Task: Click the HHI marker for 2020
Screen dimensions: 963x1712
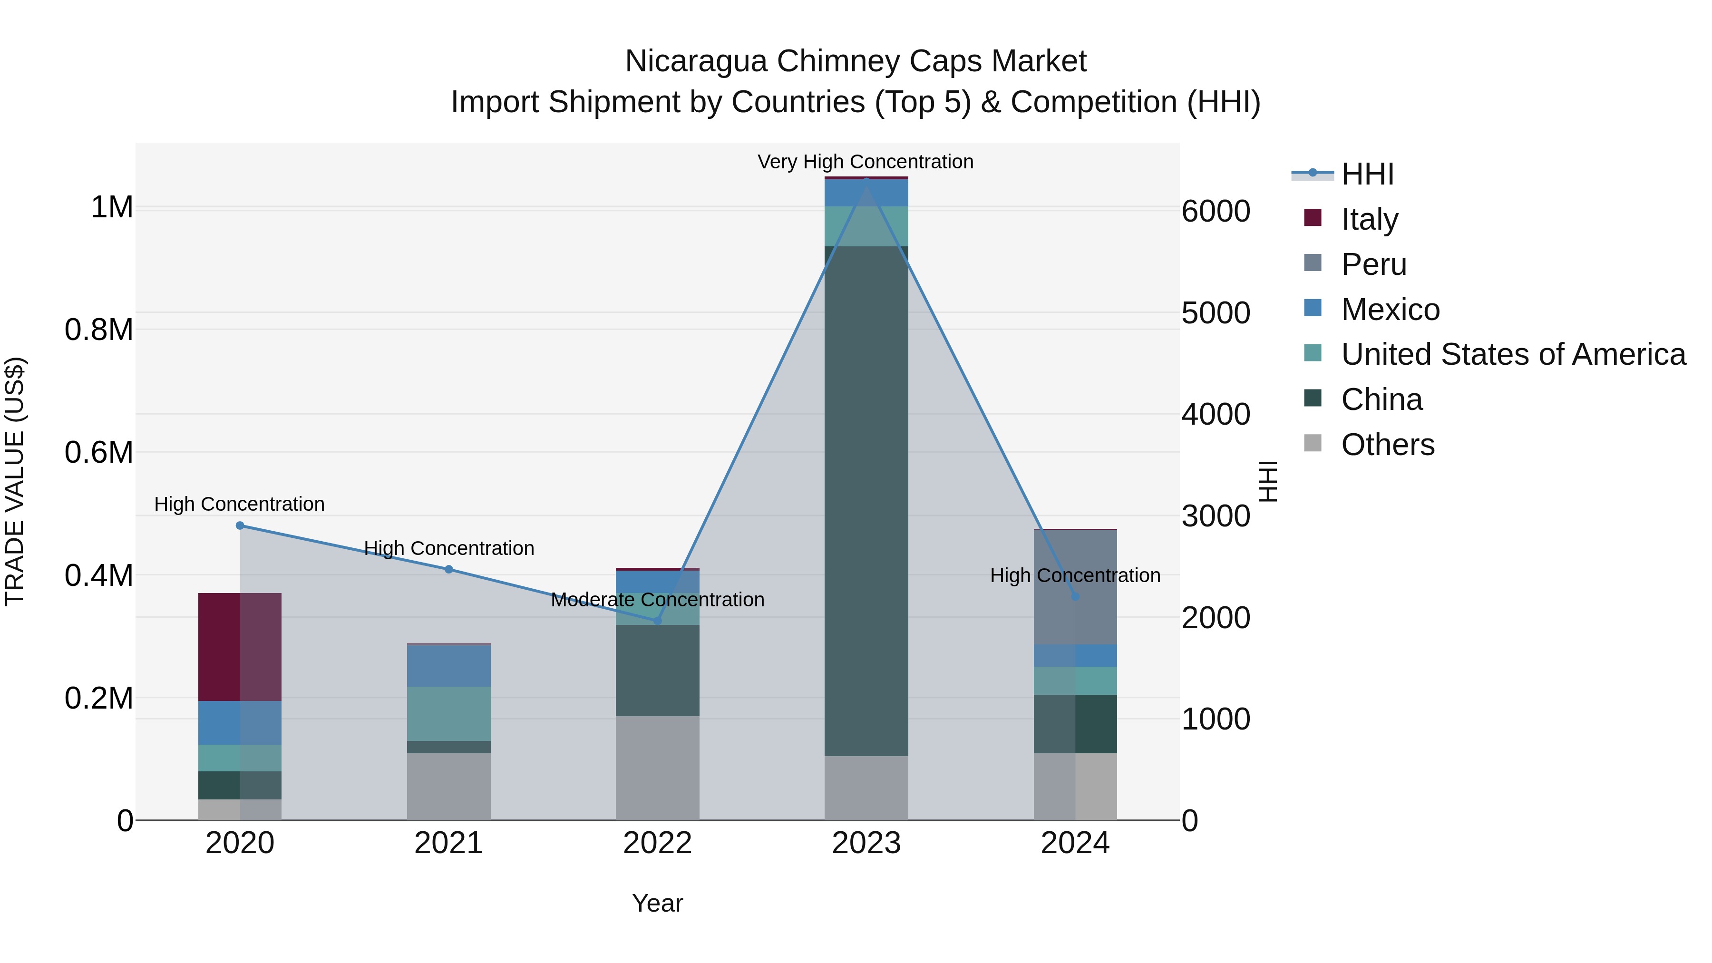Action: pos(240,525)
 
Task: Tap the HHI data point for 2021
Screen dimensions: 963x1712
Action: pos(448,570)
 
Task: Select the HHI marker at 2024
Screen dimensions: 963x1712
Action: pos(1075,597)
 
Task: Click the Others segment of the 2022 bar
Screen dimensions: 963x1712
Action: pos(657,768)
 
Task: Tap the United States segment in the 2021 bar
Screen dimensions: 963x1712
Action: pos(448,714)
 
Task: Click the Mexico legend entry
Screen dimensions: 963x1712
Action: pos(1391,310)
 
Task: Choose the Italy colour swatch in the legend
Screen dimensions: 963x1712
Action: pos(1313,218)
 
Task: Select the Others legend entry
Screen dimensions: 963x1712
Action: pos(1388,445)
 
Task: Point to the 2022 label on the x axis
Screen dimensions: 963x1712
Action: pos(657,843)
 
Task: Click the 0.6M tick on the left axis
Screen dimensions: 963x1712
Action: pos(99,453)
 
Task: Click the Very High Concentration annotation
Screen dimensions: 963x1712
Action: pos(866,162)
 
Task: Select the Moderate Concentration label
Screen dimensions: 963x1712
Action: pos(657,600)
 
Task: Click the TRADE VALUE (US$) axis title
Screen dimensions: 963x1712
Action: pos(15,481)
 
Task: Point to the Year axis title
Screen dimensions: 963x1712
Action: pos(657,903)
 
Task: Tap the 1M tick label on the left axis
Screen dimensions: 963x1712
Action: pos(112,207)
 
